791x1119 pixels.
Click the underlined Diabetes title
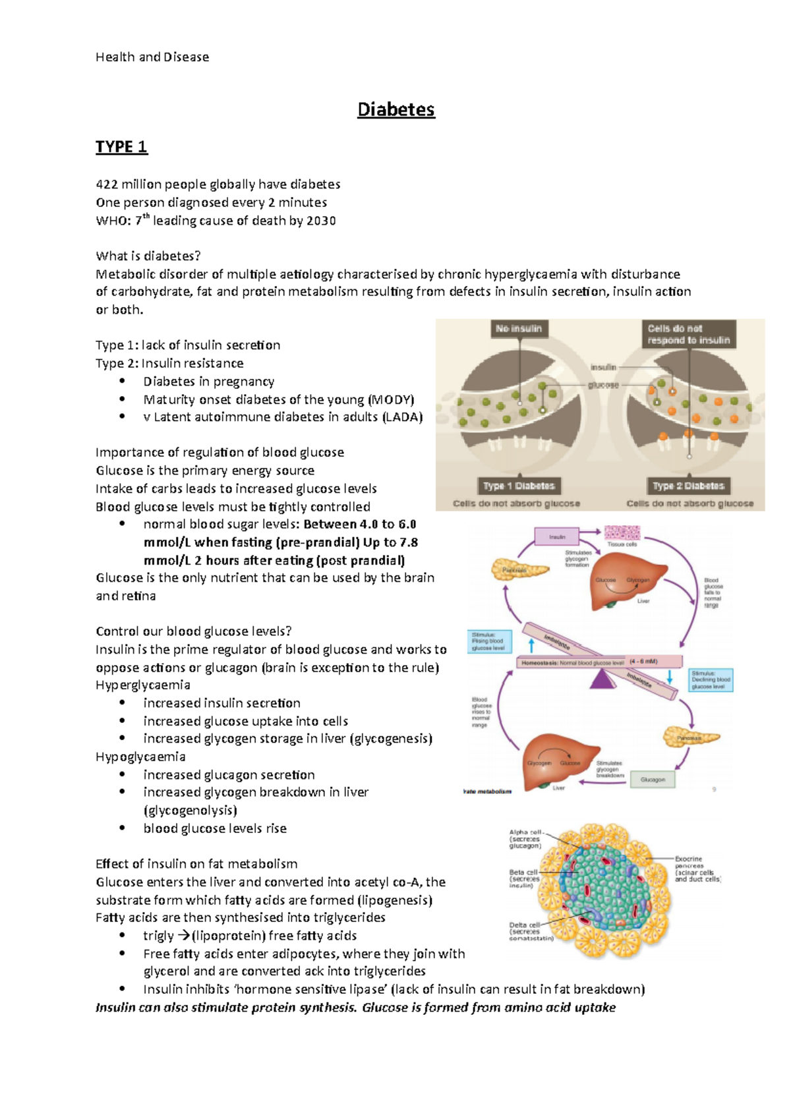point(395,109)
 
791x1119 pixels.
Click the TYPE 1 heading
point(121,146)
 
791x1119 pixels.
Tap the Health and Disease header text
point(152,57)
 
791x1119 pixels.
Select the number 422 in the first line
point(107,185)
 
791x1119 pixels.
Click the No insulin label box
point(519,329)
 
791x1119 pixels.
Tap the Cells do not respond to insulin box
point(688,334)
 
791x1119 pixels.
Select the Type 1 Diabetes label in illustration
point(519,486)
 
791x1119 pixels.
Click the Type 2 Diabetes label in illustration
point(688,486)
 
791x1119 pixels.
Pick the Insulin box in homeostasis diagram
point(557,537)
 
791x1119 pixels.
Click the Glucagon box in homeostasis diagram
point(653,780)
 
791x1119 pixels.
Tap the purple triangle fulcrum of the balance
point(601,679)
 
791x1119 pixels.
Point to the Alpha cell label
point(525,839)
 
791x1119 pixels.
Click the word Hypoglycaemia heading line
point(140,757)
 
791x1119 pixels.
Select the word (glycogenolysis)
point(190,811)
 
